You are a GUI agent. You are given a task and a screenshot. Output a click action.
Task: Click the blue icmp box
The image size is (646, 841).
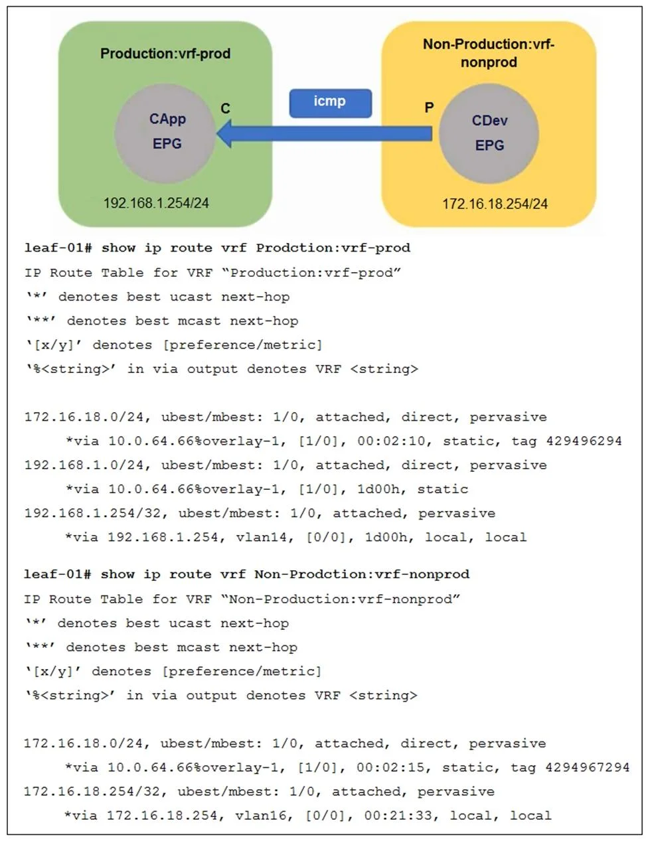pyautogui.click(x=330, y=104)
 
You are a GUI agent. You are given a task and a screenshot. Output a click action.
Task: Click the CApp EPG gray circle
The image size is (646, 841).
pyautogui.click(x=165, y=133)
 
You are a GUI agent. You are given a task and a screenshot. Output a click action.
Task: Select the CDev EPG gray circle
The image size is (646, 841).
pyautogui.click(x=489, y=134)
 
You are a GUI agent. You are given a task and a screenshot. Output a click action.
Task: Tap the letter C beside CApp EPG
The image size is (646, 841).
pyautogui.click(x=225, y=108)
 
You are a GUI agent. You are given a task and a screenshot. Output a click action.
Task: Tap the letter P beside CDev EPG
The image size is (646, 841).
pyautogui.click(x=429, y=108)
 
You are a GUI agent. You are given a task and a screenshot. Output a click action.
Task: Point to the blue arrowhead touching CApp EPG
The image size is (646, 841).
pyautogui.click(x=224, y=133)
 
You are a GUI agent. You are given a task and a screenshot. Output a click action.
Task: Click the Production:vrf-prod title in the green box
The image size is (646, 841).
pyautogui.click(x=165, y=53)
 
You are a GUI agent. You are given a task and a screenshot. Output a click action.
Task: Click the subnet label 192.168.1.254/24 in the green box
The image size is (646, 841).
pyautogui.click(x=156, y=203)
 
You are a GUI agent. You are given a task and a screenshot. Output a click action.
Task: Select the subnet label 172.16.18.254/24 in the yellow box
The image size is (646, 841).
pyautogui.click(x=495, y=204)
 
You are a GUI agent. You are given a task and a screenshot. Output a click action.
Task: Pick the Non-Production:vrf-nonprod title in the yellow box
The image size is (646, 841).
pyautogui.click(x=489, y=53)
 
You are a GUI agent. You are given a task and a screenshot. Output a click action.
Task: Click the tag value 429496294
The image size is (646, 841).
pyautogui.click(x=584, y=441)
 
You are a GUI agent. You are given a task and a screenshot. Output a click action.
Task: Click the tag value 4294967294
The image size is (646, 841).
pyautogui.click(x=587, y=767)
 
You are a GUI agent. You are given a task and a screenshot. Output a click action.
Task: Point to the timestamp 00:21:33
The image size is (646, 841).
pyautogui.click(x=398, y=816)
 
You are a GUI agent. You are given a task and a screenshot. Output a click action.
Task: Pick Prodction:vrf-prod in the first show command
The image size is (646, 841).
pyautogui.click(x=333, y=248)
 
